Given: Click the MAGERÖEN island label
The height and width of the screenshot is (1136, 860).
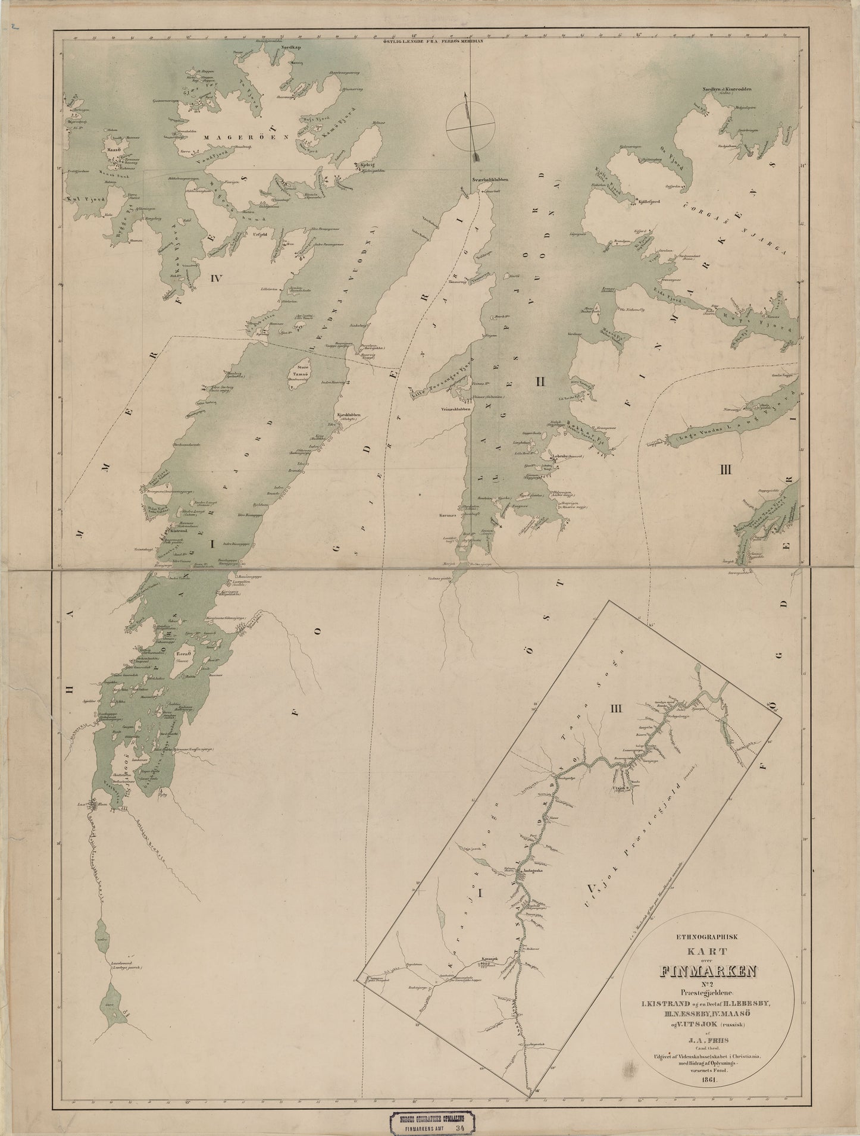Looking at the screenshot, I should (234, 136).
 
